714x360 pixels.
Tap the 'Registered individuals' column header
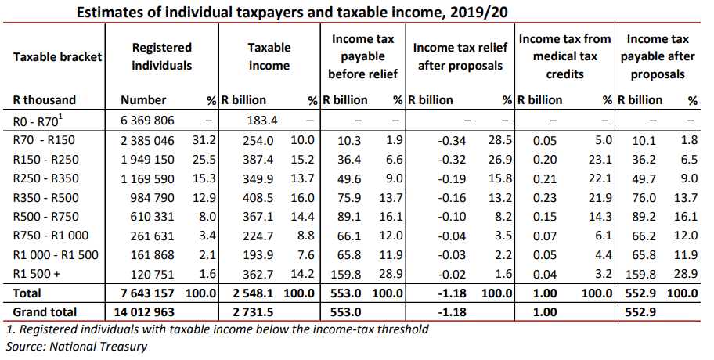click(161, 57)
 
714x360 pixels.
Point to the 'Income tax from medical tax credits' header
click(565, 56)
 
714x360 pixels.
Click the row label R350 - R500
click(46, 197)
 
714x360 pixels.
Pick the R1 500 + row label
click(38, 274)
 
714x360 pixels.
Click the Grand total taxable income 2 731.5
click(252, 312)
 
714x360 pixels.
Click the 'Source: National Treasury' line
click(76, 345)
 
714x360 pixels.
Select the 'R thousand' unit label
click(45, 100)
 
